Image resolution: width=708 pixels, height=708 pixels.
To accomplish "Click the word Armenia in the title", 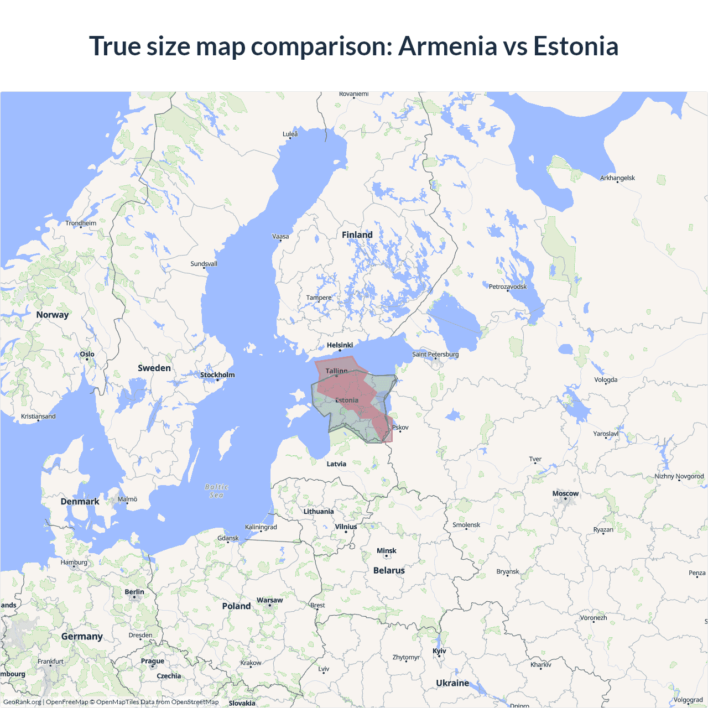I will pos(447,46).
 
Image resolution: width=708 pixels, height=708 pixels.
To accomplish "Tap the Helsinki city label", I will pos(340,345).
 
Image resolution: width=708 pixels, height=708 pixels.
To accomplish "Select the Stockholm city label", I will pos(217,375).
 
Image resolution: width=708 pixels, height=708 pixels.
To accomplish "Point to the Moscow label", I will pos(565,493).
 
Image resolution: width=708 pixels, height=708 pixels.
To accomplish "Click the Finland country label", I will pos(357,235).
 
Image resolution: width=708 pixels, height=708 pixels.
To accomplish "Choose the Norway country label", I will pos(53,315).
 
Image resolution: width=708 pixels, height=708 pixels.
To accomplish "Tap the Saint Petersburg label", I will pos(435,355).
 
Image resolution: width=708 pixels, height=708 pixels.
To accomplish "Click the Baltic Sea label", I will pos(216,491).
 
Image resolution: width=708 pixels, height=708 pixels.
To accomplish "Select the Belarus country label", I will pos(389,570).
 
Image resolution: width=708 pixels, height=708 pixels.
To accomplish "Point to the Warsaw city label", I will pos(269,600).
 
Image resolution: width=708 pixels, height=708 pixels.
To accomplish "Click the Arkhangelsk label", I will pos(617,178).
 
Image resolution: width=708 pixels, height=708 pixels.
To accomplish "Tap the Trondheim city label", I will pos(81,223).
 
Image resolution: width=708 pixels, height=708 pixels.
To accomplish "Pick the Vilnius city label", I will pos(346,527).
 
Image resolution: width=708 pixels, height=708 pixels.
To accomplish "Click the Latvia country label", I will pos(336,464).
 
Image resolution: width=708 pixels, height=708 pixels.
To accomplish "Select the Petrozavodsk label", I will pos(508,287).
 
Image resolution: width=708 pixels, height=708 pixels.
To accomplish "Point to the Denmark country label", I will pos(80,502).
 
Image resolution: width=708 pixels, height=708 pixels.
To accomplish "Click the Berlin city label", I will pos(134,592).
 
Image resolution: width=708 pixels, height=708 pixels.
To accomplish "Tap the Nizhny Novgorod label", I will pos(679,476).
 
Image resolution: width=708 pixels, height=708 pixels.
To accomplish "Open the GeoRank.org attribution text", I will pos(22,702).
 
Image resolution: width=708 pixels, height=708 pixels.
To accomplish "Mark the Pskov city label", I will pos(400,428).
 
